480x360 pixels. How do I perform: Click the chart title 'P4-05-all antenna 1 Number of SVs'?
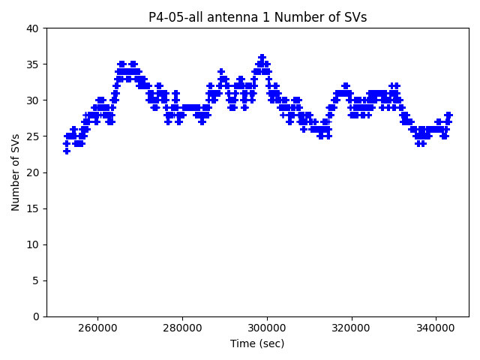point(257,17)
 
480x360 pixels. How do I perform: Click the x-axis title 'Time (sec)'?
point(257,343)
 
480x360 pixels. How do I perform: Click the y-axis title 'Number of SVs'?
point(16,172)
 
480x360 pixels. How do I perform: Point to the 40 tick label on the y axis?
point(33,28)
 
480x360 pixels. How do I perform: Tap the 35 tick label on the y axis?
point(33,64)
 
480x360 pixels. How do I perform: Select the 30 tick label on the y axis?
point(33,100)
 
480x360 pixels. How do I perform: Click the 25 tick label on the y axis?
point(33,136)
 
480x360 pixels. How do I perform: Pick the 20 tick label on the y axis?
point(33,172)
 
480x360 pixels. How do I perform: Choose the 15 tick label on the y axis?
point(33,208)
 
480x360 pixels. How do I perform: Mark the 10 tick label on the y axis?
point(33,244)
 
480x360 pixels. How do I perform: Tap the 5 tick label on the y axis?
point(36,280)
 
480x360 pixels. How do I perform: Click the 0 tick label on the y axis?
point(36,316)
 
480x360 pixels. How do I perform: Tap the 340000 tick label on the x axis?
point(436,328)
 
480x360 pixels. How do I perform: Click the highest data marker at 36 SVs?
point(262,57)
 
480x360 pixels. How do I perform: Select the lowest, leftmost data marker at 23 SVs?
point(67,151)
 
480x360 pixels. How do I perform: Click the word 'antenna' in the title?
point(228,17)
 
